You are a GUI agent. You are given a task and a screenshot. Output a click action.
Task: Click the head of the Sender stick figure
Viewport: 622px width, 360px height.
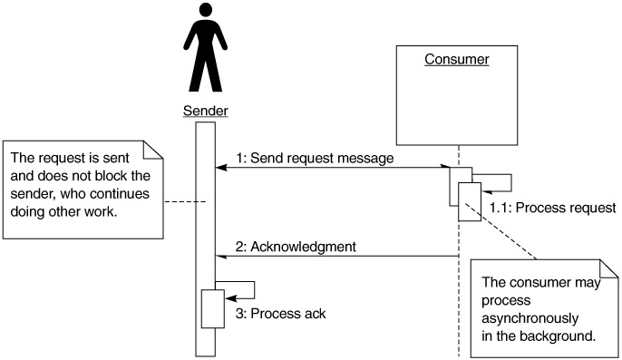[206, 10]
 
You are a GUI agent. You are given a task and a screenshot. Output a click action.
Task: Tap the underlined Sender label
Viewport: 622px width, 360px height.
[206, 111]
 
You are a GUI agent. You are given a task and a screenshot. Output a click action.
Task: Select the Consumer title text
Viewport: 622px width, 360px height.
[457, 59]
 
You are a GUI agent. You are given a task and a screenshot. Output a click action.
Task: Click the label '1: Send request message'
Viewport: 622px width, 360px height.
[315, 158]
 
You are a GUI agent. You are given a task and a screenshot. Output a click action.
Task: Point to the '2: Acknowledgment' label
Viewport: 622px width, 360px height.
[296, 247]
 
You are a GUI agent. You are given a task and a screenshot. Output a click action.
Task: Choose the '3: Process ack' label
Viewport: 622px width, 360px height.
[280, 314]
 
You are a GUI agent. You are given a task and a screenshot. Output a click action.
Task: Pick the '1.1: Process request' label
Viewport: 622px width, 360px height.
[552, 208]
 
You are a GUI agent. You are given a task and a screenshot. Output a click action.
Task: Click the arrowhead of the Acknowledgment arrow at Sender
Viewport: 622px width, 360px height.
[221, 257]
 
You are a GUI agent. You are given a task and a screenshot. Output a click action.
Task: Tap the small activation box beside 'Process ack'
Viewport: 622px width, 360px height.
[212, 309]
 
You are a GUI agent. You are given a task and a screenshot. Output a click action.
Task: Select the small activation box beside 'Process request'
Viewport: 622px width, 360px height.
[470, 201]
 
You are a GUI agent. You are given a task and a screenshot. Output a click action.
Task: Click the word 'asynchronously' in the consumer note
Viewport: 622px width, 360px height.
[530, 318]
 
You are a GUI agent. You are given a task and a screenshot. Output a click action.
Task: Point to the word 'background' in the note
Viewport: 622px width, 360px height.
[558, 336]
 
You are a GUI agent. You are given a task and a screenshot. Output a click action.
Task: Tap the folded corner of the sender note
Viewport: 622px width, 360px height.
[153, 150]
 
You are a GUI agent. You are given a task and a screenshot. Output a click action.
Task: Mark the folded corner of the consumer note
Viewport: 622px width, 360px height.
[608, 268]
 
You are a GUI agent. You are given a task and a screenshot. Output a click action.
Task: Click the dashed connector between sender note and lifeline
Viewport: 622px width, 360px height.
[185, 202]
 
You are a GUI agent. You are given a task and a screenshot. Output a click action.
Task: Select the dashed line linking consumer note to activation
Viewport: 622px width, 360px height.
[501, 231]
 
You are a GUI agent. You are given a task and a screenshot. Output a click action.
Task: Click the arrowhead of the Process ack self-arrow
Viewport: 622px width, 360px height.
[230, 298]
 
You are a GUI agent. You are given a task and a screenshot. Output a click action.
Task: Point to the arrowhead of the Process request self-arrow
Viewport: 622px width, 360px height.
[487, 192]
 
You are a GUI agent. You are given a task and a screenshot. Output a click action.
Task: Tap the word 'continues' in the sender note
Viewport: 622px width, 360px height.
[120, 194]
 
